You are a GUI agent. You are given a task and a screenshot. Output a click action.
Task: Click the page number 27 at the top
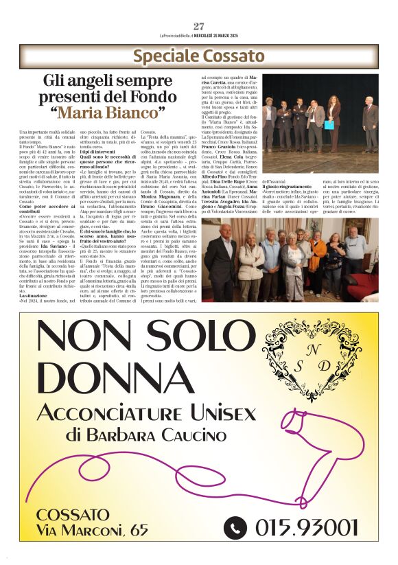pos(199,26)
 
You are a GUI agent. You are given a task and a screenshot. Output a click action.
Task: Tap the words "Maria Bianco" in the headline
pos(113,112)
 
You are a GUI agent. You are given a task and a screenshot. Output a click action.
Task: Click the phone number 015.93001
pos(307,527)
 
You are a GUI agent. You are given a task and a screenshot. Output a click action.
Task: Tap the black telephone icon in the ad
pos(235,527)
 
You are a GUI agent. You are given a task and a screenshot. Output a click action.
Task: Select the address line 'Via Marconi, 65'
pos(92,529)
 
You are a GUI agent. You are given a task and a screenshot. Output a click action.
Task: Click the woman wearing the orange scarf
pos(318,251)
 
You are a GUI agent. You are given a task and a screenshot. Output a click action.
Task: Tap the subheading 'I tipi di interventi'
pos(99,152)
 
